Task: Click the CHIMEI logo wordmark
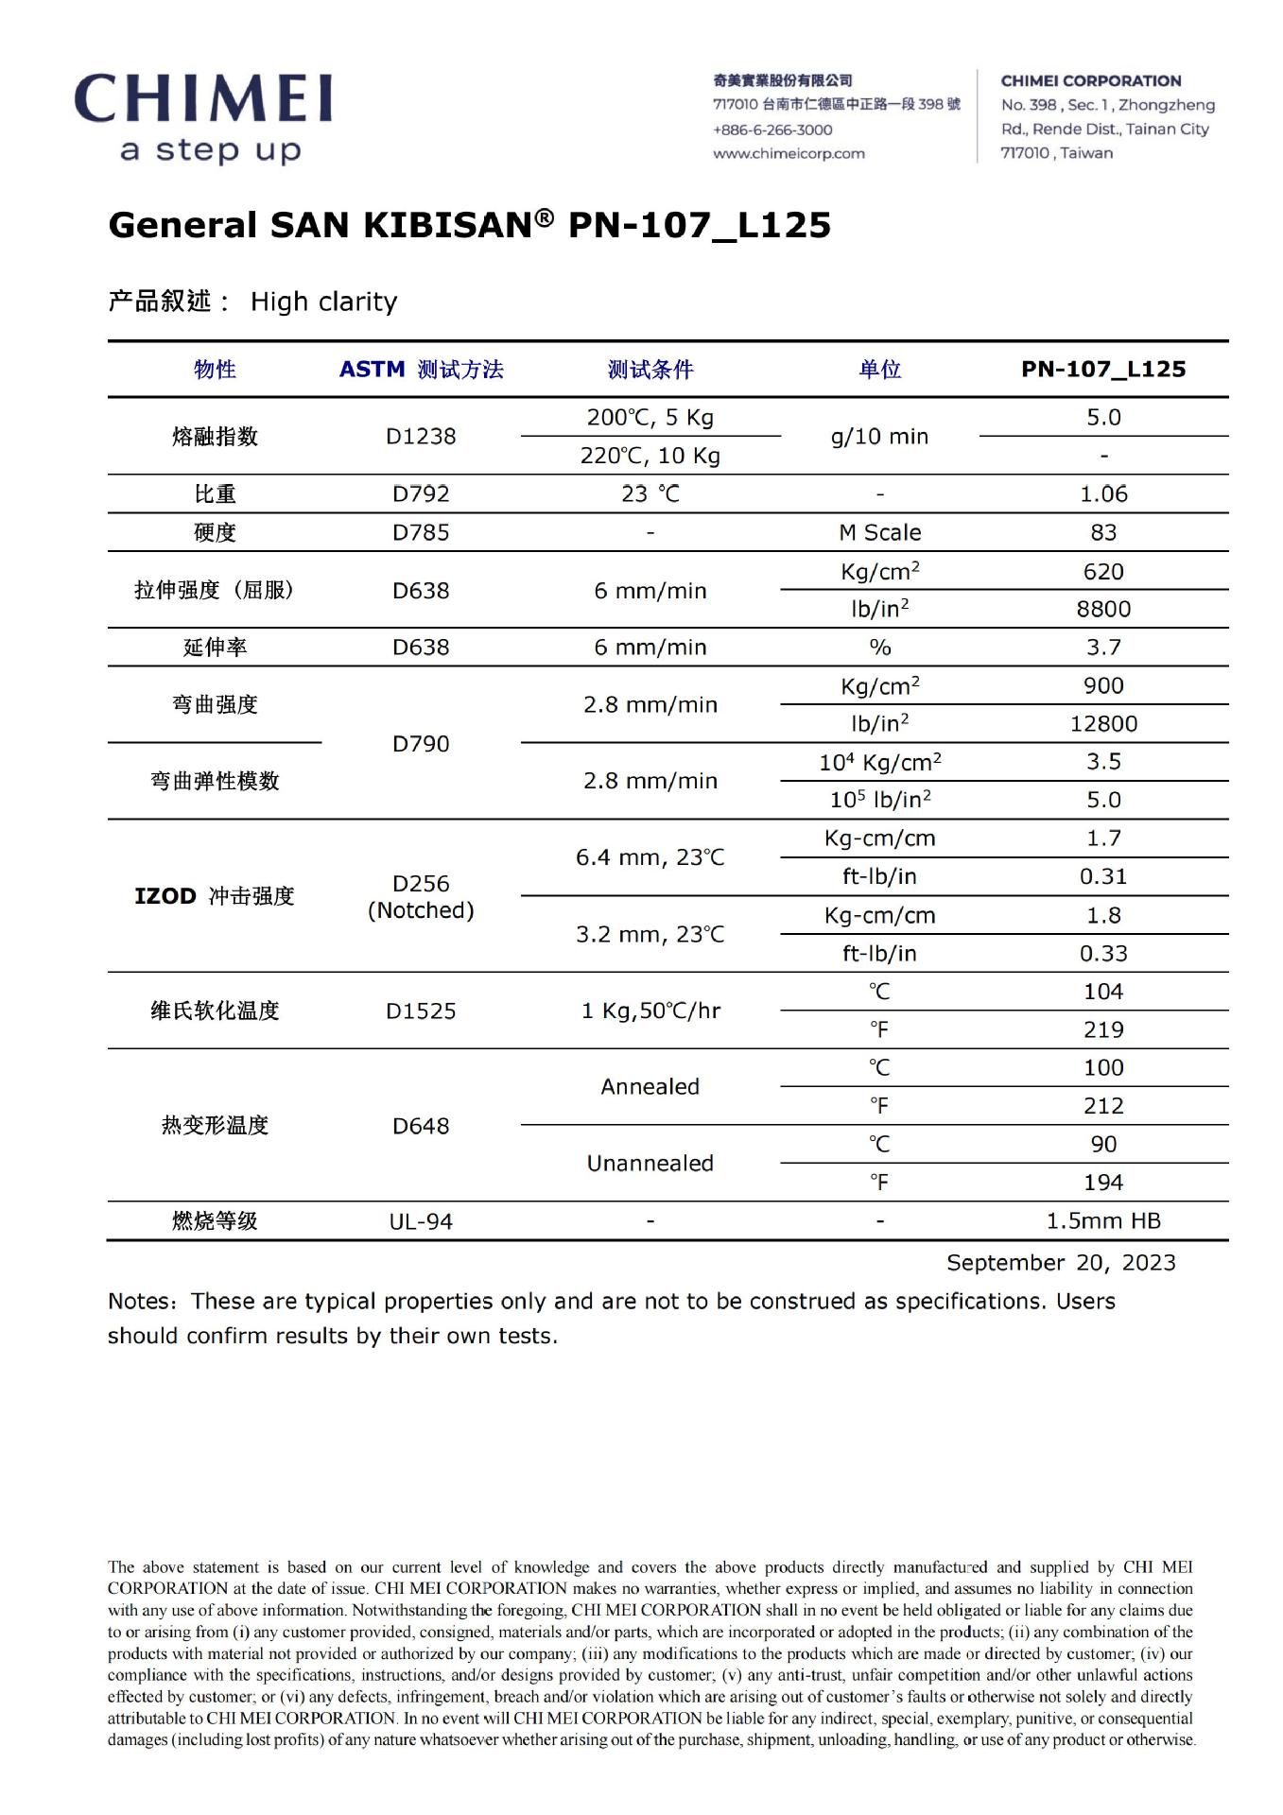203,99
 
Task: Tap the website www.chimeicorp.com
789,153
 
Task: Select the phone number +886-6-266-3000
772,130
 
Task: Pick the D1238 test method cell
421,436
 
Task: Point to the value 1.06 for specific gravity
1103,493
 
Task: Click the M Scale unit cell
879,532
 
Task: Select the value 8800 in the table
1103,609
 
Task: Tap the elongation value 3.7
1103,647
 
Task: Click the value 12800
1103,723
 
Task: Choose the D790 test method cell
421,743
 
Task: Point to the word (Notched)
421,910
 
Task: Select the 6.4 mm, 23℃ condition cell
650,857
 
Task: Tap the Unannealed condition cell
650,1163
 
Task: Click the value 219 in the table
1103,1029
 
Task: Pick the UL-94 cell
421,1221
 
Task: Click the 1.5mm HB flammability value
1103,1220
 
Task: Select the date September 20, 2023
1061,1263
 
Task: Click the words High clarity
323,302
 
